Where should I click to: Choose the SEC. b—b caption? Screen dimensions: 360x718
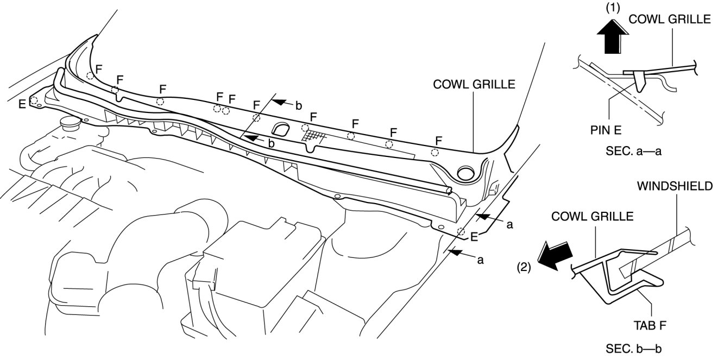(631, 348)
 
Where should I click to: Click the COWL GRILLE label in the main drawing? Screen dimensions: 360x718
(474, 85)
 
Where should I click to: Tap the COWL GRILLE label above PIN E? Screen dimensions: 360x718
(670, 20)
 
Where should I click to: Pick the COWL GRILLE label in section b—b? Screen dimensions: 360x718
(593, 216)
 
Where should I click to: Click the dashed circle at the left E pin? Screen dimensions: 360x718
(34, 100)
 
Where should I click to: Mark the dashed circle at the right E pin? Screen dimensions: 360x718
(461, 232)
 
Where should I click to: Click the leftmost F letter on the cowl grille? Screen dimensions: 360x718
(98, 68)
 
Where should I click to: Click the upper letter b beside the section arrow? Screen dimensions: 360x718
(299, 105)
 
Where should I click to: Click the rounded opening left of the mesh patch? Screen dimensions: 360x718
(281, 129)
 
